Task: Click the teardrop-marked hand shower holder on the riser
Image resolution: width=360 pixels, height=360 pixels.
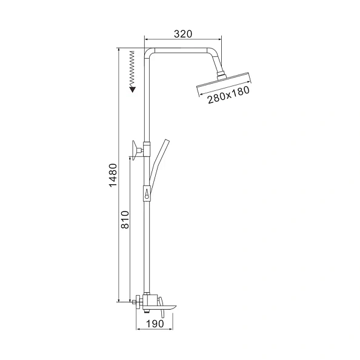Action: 147,193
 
